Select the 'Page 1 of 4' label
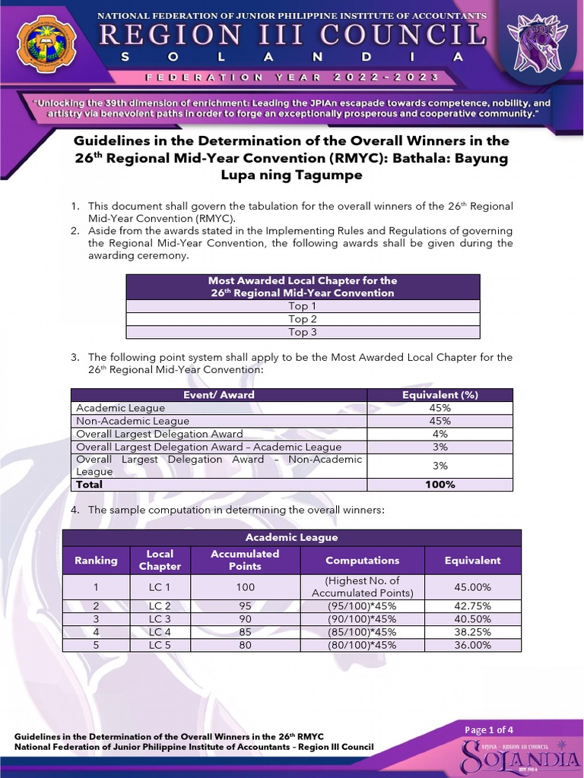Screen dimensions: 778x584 (489, 730)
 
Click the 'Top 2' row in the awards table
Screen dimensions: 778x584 (303, 319)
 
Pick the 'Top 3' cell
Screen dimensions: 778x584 (303, 332)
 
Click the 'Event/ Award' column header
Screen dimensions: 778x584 (219, 395)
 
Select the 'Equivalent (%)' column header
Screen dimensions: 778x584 (440, 395)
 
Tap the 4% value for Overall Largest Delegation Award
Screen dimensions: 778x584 (440, 434)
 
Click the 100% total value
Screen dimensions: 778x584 (440, 485)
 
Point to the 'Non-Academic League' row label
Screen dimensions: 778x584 (133, 421)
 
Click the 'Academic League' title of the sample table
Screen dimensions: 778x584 (291, 537)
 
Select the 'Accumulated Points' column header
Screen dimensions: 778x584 (245, 560)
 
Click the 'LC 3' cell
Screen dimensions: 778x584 (160, 619)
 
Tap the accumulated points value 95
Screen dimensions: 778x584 (245, 606)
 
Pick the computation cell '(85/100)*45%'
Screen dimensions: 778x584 (363, 632)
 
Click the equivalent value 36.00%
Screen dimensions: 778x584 (472, 645)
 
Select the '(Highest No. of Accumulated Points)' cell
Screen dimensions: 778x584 (363, 587)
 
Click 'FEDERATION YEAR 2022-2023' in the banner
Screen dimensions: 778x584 (291, 77)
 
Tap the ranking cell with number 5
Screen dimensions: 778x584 (96, 645)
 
